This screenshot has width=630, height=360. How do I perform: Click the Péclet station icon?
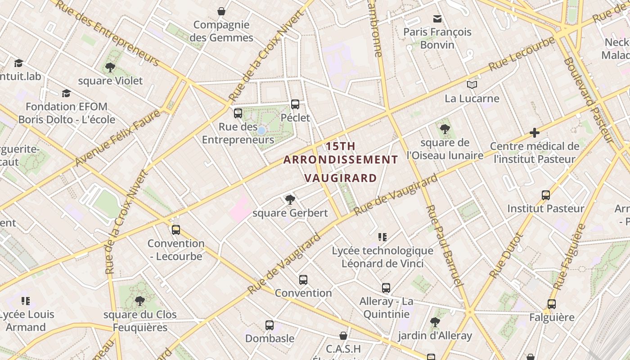pyautogui.click(x=295, y=104)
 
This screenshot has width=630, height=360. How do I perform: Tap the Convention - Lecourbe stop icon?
pyautogui.click(x=176, y=230)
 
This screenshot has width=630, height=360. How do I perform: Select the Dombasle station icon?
pyautogui.click(x=270, y=325)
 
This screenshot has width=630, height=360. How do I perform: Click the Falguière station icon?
pyautogui.click(x=552, y=304)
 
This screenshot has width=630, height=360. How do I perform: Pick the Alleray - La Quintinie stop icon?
pyautogui.click(x=386, y=288)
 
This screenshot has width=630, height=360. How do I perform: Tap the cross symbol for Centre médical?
pyautogui.click(x=535, y=133)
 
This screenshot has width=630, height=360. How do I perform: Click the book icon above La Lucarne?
pyautogui.click(x=472, y=85)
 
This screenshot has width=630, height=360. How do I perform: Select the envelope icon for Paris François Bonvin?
pyautogui.click(x=437, y=19)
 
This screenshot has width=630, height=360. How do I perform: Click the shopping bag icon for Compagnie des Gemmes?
pyautogui.click(x=221, y=11)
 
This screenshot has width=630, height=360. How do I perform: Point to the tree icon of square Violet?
pyautogui.click(x=110, y=67)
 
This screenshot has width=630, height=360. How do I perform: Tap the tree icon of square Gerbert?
pyautogui.click(x=290, y=199)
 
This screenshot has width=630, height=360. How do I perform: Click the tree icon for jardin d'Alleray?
pyautogui.click(x=435, y=322)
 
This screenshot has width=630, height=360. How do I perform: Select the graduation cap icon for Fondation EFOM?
pyautogui.click(x=66, y=93)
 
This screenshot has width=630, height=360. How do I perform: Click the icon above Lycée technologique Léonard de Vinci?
pyautogui.click(x=382, y=237)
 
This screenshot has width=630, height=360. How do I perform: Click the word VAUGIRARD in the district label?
pyautogui.click(x=340, y=178)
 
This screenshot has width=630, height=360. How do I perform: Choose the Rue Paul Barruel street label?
pyautogui.click(x=444, y=245)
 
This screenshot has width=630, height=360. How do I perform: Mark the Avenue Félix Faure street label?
pyautogui.click(x=118, y=138)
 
